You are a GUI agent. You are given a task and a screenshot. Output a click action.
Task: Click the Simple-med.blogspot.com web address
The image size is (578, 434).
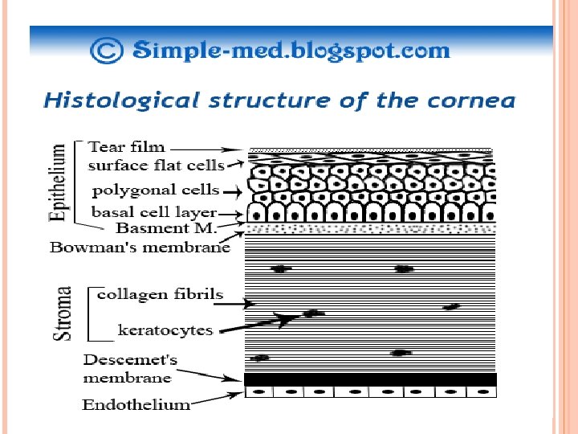coord(291,51)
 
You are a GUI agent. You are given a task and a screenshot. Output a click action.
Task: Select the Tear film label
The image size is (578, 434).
coord(126,147)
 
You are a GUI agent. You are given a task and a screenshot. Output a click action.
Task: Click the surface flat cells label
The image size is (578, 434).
coord(156,166)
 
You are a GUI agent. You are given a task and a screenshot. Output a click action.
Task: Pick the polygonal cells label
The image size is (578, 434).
coord(156,190)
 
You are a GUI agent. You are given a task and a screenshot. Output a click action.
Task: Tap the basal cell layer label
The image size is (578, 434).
coord(154,212)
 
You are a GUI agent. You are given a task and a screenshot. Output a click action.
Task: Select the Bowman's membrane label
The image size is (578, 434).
coord(140,247)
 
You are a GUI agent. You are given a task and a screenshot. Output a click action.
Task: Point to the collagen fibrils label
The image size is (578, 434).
coord(160,294)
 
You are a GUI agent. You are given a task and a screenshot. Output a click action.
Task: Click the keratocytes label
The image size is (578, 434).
coord(165,330)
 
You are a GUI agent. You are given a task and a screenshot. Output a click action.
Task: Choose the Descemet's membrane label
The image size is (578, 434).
coord(128,368)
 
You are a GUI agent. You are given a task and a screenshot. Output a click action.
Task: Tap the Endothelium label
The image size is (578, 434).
coord(136,404)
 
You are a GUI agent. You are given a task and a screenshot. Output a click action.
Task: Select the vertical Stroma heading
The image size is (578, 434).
coord(63,313)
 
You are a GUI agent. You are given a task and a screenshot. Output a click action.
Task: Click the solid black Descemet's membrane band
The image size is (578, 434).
coord(370,379)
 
